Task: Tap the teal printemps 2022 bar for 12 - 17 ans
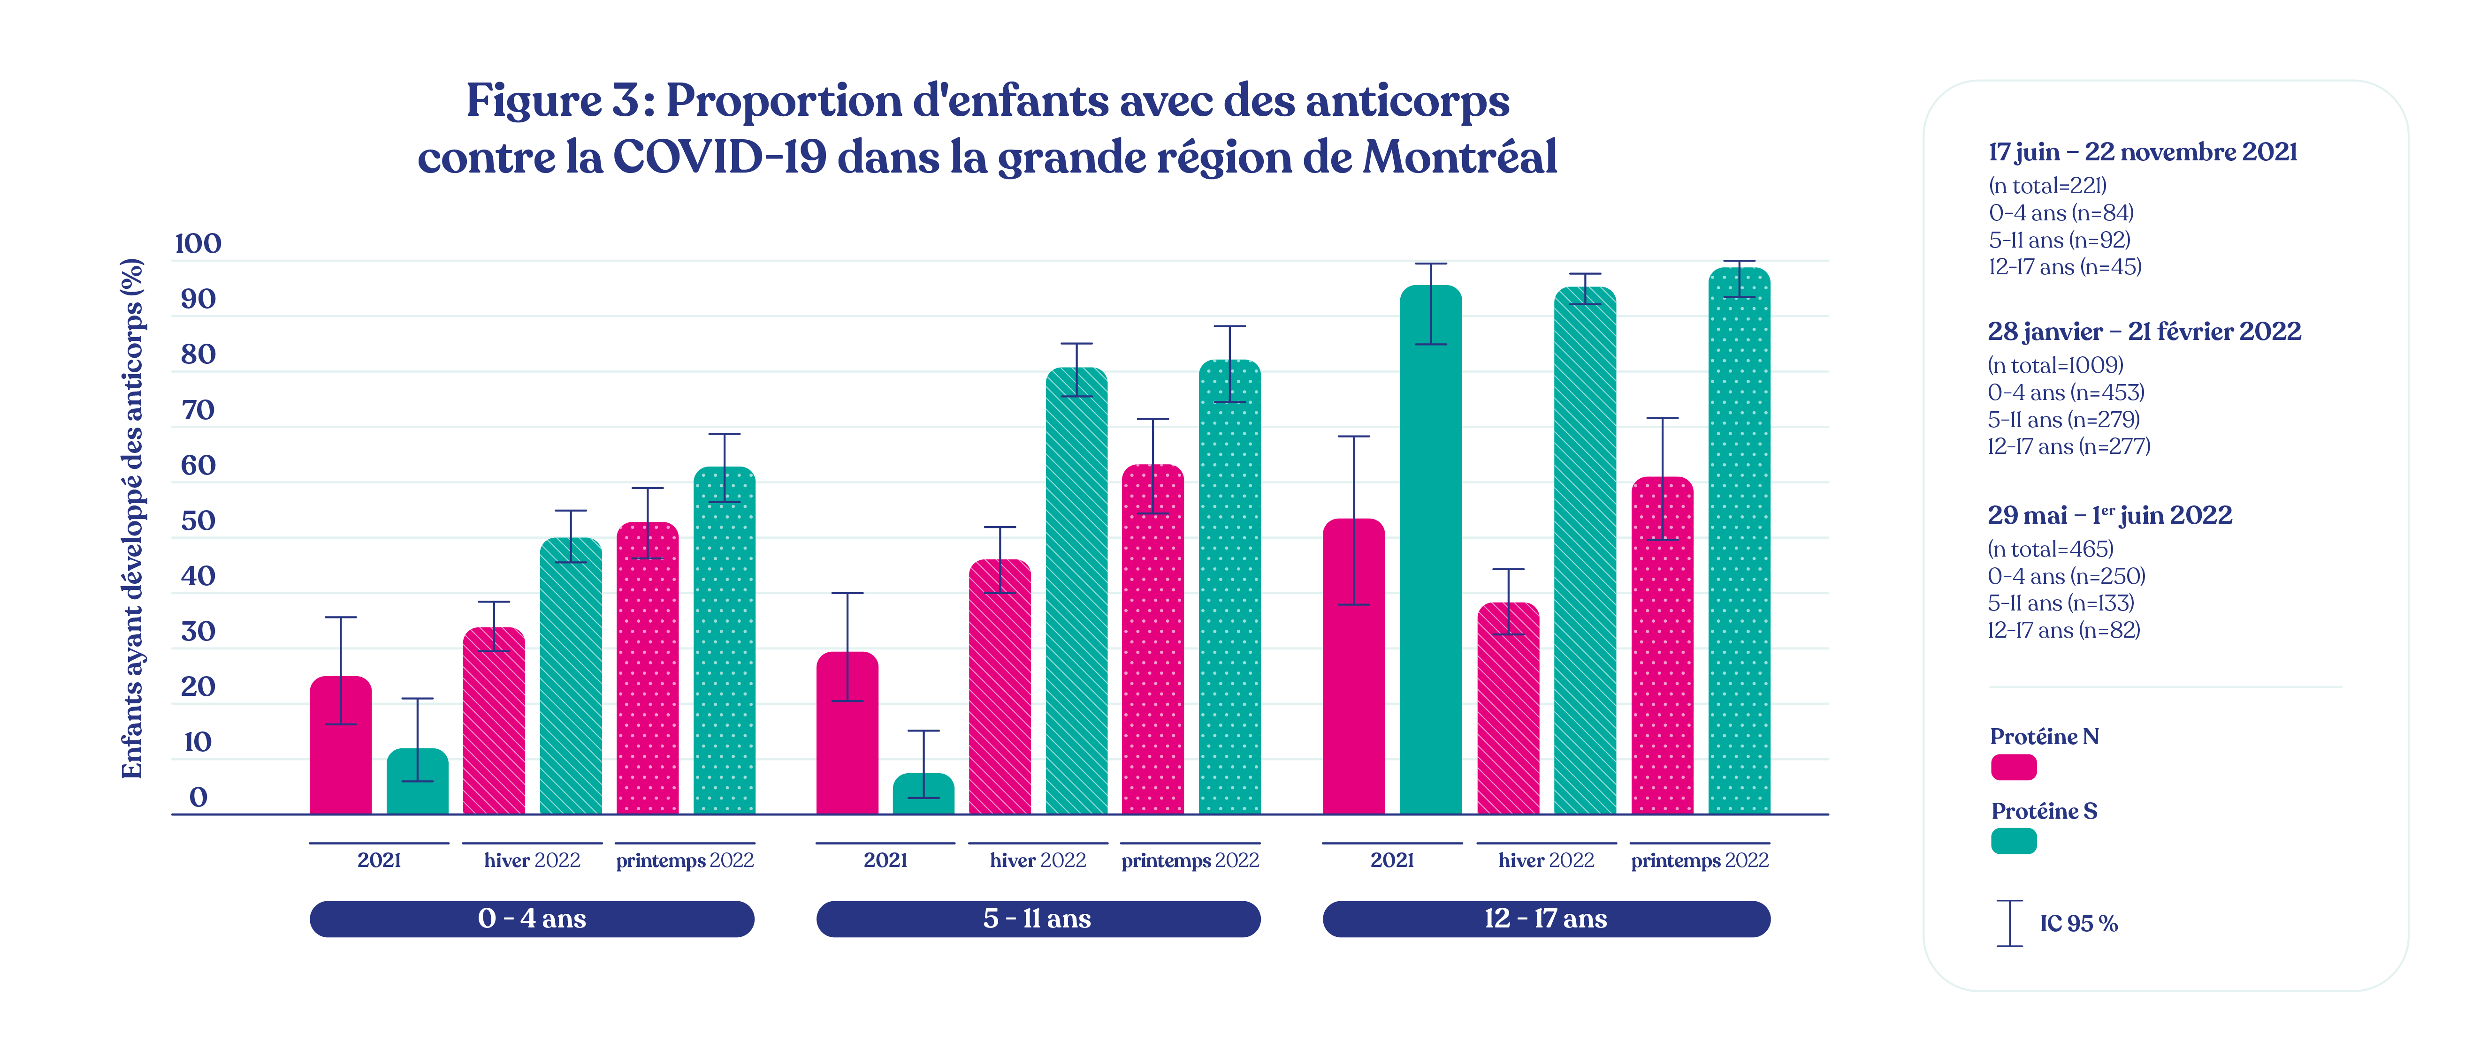[x=1739, y=541]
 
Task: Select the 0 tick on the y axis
[x=198, y=797]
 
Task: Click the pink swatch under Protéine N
[x=2014, y=768]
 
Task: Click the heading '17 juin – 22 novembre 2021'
[x=2142, y=152]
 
